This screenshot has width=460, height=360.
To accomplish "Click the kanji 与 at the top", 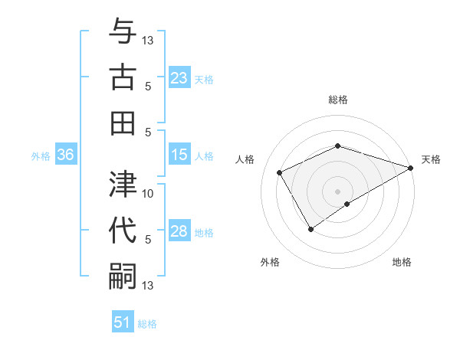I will [123, 32].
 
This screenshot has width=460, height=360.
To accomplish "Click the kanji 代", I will [123, 230].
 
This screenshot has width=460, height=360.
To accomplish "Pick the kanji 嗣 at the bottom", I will [123, 274].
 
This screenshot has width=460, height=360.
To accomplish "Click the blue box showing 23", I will [179, 78].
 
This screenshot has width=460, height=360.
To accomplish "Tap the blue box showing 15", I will [179, 155].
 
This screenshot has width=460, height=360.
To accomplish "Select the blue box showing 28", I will [179, 231].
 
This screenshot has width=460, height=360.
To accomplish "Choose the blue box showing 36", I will [66, 155].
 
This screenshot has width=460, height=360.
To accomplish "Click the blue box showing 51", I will [123, 322].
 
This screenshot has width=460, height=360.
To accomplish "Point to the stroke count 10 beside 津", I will [148, 193].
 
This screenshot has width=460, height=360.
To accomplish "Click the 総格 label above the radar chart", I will [337, 100].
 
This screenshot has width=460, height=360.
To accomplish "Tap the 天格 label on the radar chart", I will [431, 159].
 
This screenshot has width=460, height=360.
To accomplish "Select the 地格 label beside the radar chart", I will [402, 263].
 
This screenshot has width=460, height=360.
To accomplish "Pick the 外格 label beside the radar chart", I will [270, 263].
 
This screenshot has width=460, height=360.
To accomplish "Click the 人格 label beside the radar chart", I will [245, 159].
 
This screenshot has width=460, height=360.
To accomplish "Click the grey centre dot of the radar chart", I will [337, 191].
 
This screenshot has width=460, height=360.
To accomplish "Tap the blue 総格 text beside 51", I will [147, 324].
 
